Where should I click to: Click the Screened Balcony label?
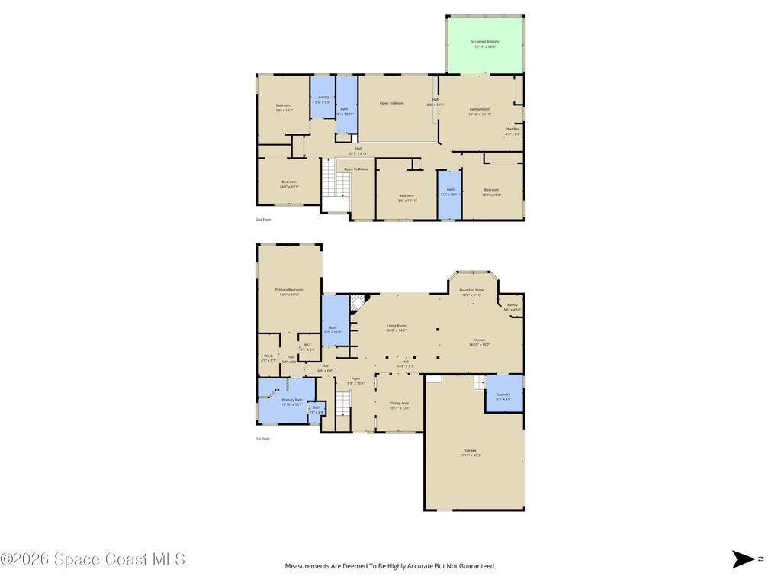(x=485, y=44)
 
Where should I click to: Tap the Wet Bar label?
(x=513, y=131)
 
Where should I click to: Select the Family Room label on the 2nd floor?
(x=480, y=111)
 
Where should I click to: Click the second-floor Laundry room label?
(x=323, y=99)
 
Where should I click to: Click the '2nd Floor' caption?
(x=263, y=220)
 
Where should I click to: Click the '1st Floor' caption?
(x=262, y=439)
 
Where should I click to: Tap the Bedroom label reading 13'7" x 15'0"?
(x=491, y=192)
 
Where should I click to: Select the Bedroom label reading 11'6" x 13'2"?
(x=283, y=108)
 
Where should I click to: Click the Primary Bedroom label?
(x=289, y=291)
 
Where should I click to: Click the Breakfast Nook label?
(x=471, y=292)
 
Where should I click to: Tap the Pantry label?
(x=513, y=307)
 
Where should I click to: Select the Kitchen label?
(x=479, y=342)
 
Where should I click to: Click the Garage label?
(x=471, y=452)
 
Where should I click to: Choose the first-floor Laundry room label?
(x=503, y=396)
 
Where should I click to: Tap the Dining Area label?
(x=400, y=405)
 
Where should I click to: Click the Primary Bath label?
(x=292, y=401)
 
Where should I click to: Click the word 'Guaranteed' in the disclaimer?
(x=477, y=566)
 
